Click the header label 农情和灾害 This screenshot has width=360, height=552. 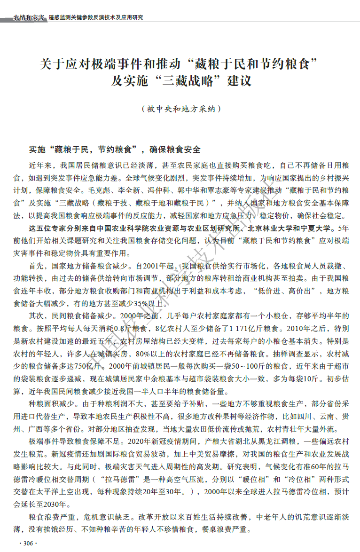click(x=29, y=17)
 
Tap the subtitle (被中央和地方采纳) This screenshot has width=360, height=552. click(x=180, y=109)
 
